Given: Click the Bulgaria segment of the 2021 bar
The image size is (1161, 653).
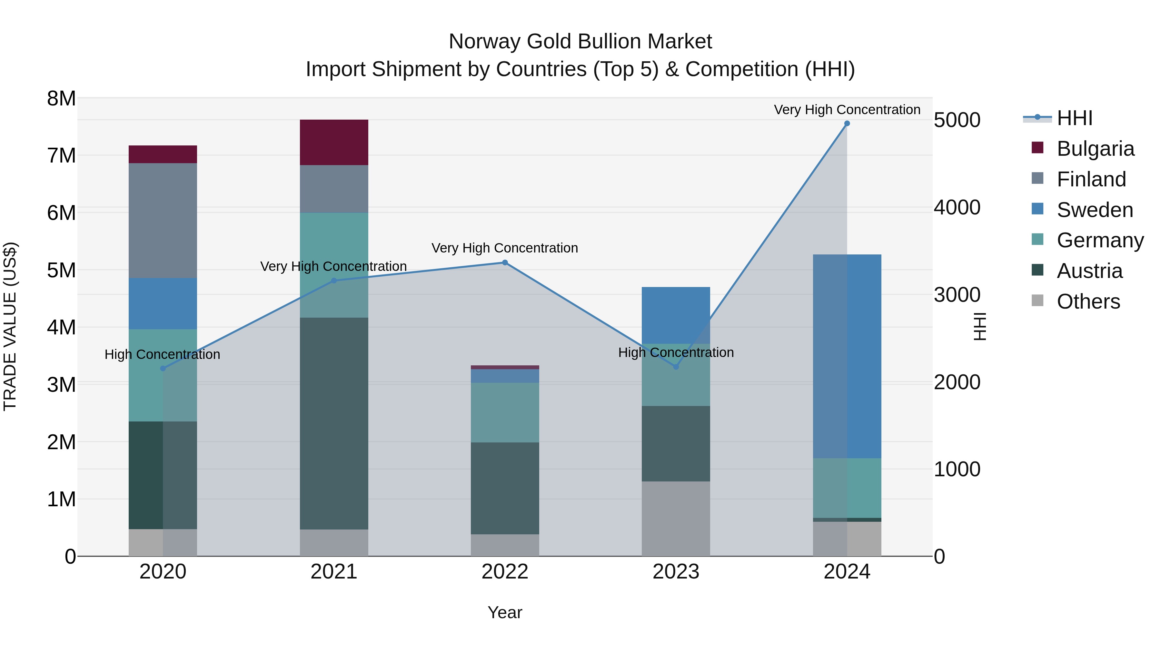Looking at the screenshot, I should click(x=334, y=143).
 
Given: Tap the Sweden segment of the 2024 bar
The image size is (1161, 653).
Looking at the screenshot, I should click(x=847, y=356).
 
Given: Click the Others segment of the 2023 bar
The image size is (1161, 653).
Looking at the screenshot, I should click(x=676, y=519).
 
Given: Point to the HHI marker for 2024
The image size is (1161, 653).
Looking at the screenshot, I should click(x=847, y=124).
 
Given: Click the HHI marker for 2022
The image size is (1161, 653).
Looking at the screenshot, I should click(x=505, y=263).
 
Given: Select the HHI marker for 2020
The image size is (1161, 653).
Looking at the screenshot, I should click(x=163, y=369).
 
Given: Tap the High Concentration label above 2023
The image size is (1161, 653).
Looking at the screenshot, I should click(x=676, y=352).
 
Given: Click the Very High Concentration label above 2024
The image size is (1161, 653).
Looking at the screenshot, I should click(x=847, y=110).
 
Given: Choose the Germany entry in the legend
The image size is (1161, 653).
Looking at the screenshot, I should click(x=1100, y=240).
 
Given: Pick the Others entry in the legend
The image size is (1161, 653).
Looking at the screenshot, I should click(x=1088, y=302).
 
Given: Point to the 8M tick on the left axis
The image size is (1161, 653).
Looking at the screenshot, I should click(x=61, y=98).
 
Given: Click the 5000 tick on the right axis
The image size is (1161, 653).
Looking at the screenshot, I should click(x=957, y=120).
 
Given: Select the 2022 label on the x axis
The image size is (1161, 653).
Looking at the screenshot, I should click(x=505, y=572).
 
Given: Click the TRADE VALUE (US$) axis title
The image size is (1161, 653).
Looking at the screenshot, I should click(x=10, y=326).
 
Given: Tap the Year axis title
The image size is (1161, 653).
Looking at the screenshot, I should click(x=505, y=612).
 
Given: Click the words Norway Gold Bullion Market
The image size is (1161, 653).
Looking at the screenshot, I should click(x=580, y=42).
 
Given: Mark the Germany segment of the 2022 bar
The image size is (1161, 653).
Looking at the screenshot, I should click(x=505, y=412).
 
